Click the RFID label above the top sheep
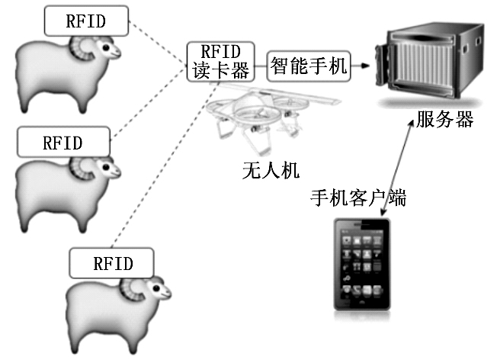point(85,20)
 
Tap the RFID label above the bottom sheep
point(113,264)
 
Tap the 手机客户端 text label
point(358,199)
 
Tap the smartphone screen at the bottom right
point(363,267)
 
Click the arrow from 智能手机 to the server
point(364,67)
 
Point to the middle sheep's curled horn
point(79,169)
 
